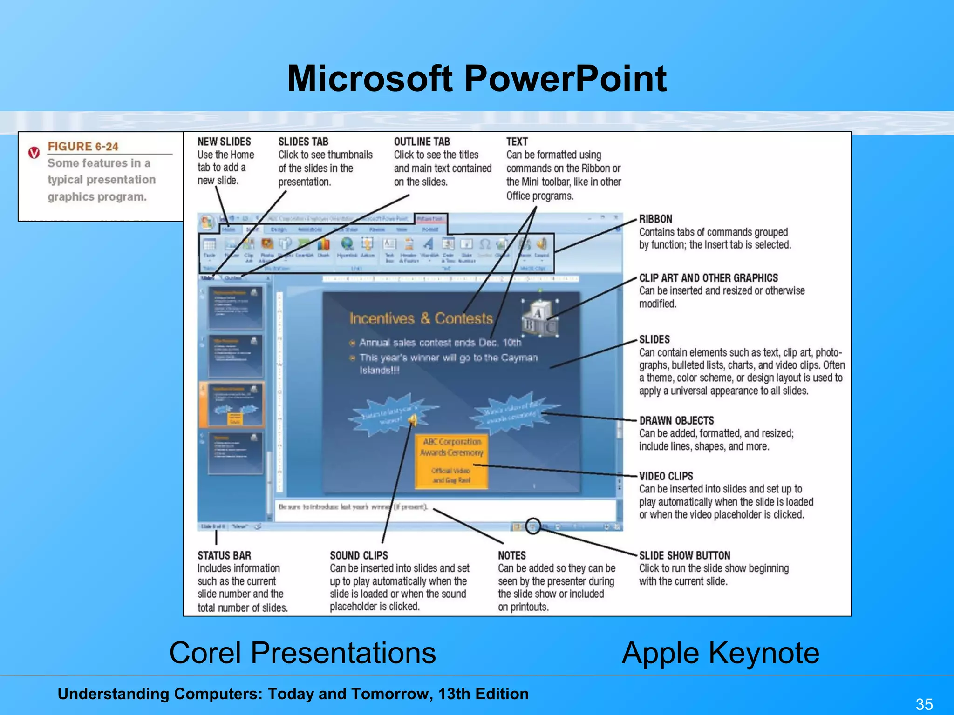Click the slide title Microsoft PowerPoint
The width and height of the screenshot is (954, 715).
point(477,78)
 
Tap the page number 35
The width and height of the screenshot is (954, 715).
point(924,704)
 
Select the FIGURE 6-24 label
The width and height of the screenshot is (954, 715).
point(83,146)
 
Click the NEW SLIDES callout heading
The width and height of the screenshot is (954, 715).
point(224,142)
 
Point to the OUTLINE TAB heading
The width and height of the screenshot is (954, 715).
point(422,142)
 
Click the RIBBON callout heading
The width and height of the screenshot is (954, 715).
point(655,219)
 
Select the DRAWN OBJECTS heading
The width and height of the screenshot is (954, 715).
point(676,420)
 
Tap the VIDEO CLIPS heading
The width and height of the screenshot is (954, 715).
point(666,476)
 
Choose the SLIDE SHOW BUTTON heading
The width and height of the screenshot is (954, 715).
point(684,555)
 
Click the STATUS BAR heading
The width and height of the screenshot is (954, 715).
point(224,555)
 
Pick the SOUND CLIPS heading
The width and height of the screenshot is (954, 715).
point(359,555)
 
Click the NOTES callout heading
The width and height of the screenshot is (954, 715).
point(511,555)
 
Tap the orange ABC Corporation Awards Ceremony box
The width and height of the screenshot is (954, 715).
point(451,461)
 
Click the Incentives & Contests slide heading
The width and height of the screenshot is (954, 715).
point(421,318)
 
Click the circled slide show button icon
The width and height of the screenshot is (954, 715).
point(533,526)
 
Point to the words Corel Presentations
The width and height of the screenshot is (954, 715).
point(302,653)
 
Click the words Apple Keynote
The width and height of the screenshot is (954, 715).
point(720,653)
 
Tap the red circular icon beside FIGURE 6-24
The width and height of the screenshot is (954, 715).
point(34,153)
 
